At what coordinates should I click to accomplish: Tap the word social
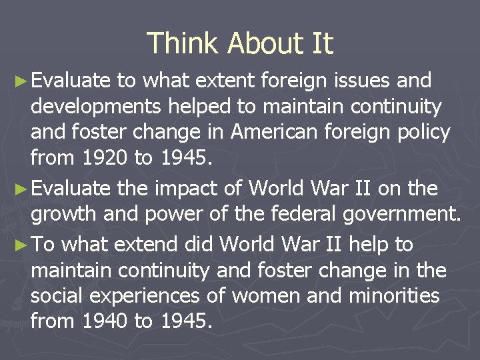pos(59,295)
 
